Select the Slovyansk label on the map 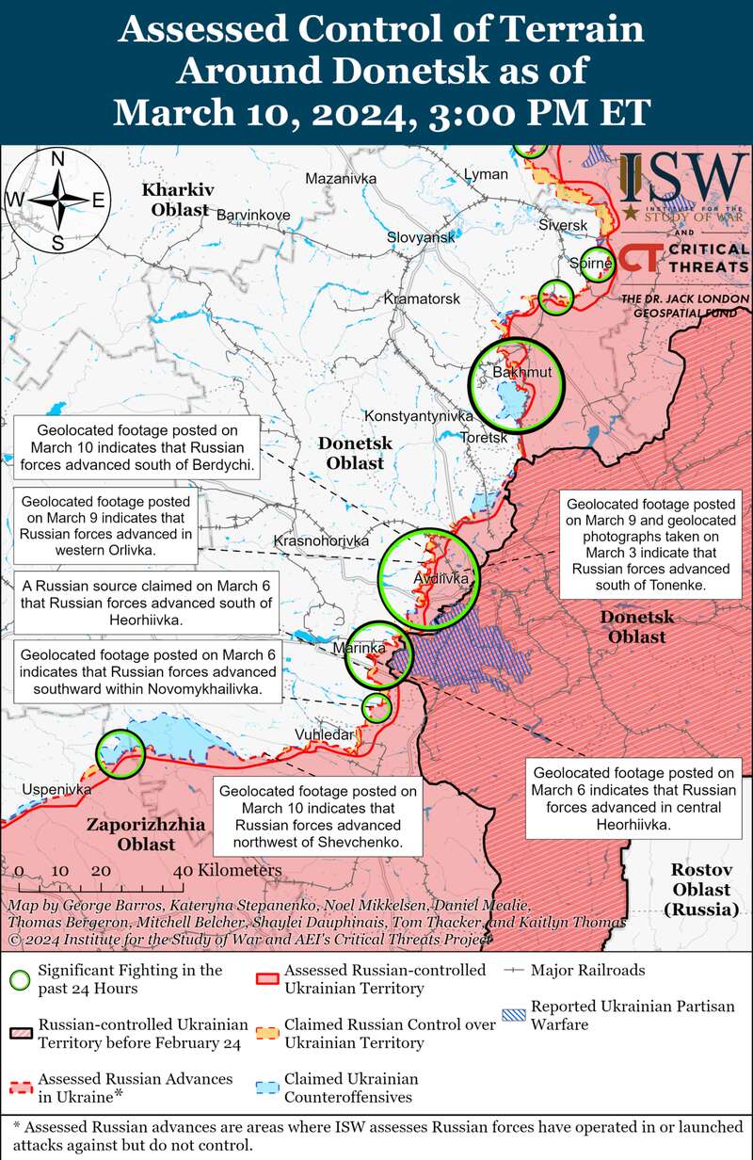tap(422, 237)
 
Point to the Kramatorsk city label tap(422, 298)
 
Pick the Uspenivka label tap(57, 789)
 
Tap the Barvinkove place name tap(253, 215)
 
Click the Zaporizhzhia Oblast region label tap(146, 834)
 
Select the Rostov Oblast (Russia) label tap(700, 889)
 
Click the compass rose tap(57, 200)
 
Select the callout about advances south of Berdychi tap(138, 448)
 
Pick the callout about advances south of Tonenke tap(650, 544)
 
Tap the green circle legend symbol tap(19, 978)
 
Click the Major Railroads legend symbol tap(514, 969)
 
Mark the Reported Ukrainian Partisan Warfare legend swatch tap(514, 1015)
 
